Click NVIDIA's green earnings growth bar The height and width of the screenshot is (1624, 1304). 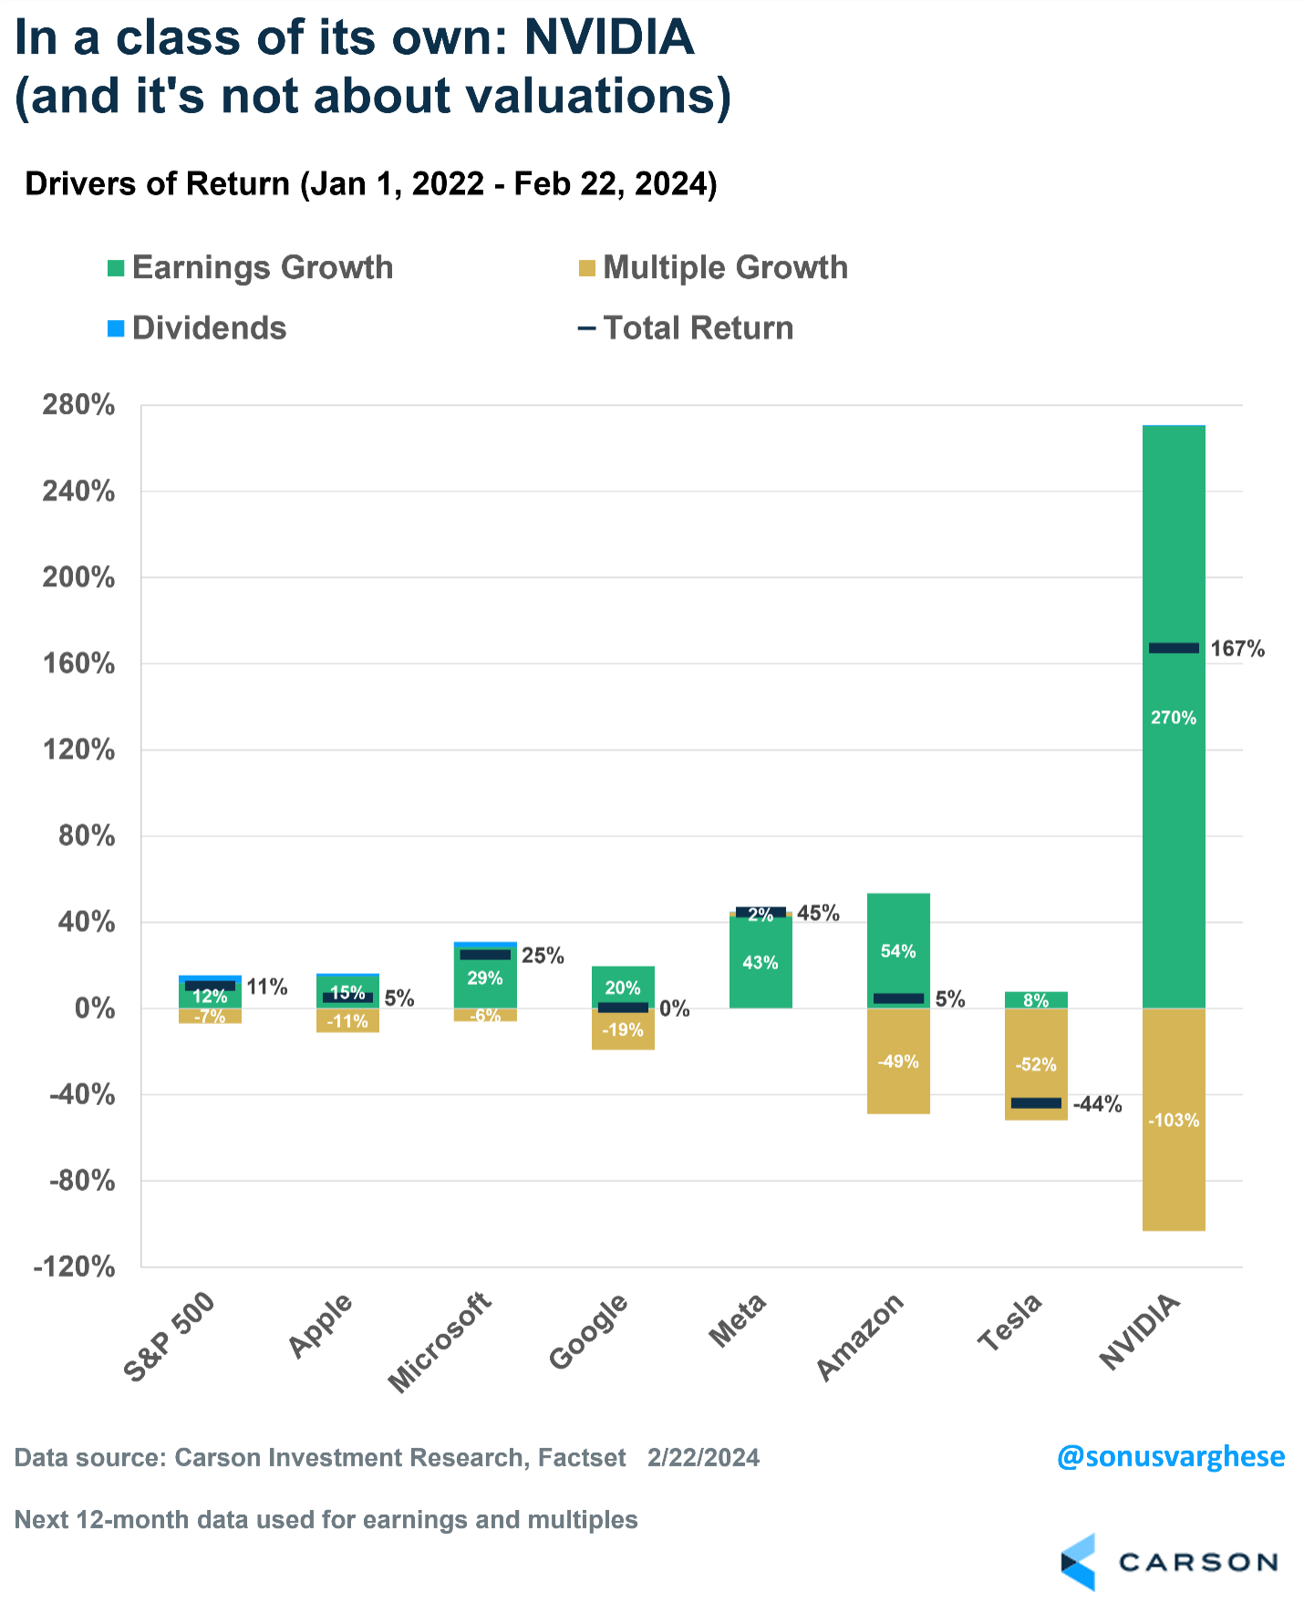point(1174,821)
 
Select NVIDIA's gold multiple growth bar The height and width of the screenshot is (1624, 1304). point(1174,1167)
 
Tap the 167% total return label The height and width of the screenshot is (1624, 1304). point(1237,649)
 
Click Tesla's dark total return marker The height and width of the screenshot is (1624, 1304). point(1036,1103)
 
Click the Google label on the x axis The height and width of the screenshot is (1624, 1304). point(589,1331)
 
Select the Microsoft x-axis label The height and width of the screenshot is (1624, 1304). point(440,1341)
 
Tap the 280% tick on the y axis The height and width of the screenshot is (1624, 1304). point(78,405)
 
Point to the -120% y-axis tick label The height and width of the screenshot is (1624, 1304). point(75,1267)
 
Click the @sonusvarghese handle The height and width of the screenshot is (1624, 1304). point(1171,1457)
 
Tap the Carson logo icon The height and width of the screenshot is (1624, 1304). point(1078,1562)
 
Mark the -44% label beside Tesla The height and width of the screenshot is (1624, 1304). point(1097,1104)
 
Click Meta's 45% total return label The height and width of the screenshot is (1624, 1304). point(818,913)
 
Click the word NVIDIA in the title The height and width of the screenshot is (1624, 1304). point(609,38)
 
